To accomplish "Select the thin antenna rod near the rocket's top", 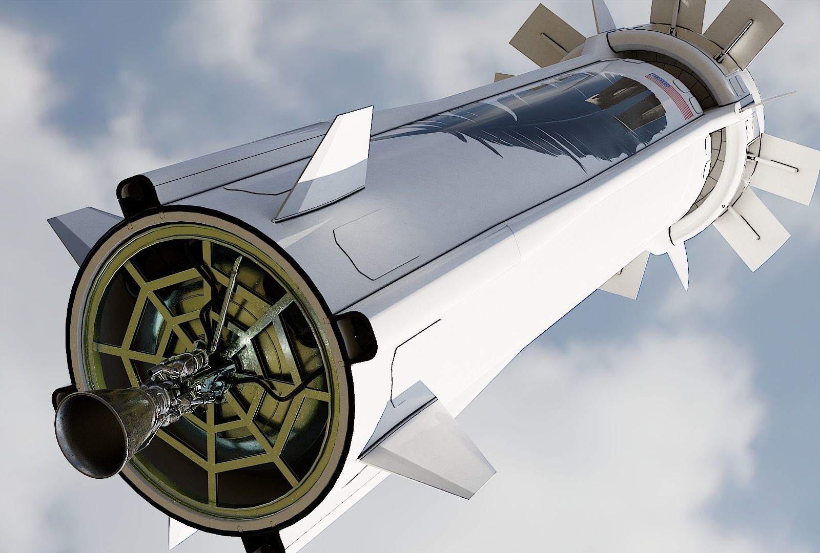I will (x=769, y=100).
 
